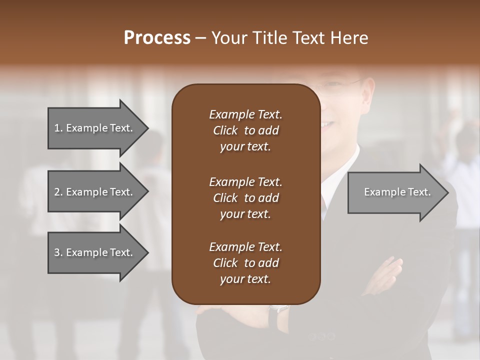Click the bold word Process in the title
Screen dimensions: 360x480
pyautogui.click(x=157, y=38)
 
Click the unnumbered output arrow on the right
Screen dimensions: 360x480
pyautogui.click(x=397, y=192)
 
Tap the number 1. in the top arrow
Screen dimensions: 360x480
pyautogui.click(x=58, y=128)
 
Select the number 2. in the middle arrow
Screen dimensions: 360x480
pyautogui.click(x=58, y=192)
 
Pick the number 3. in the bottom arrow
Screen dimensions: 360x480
pyautogui.click(x=58, y=252)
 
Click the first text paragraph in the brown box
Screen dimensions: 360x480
pyautogui.click(x=245, y=130)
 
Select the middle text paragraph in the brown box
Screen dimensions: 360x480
pyautogui.click(x=245, y=198)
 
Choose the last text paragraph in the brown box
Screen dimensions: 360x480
pyautogui.click(x=245, y=263)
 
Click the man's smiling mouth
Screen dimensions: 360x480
pyautogui.click(x=328, y=123)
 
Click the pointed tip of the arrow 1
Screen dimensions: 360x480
pyautogui.click(x=147, y=128)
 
